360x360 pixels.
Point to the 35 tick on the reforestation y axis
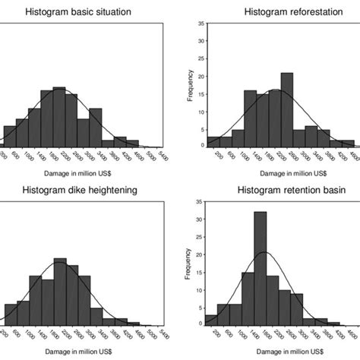coord(200,24)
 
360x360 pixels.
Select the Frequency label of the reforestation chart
coord(191,85)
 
